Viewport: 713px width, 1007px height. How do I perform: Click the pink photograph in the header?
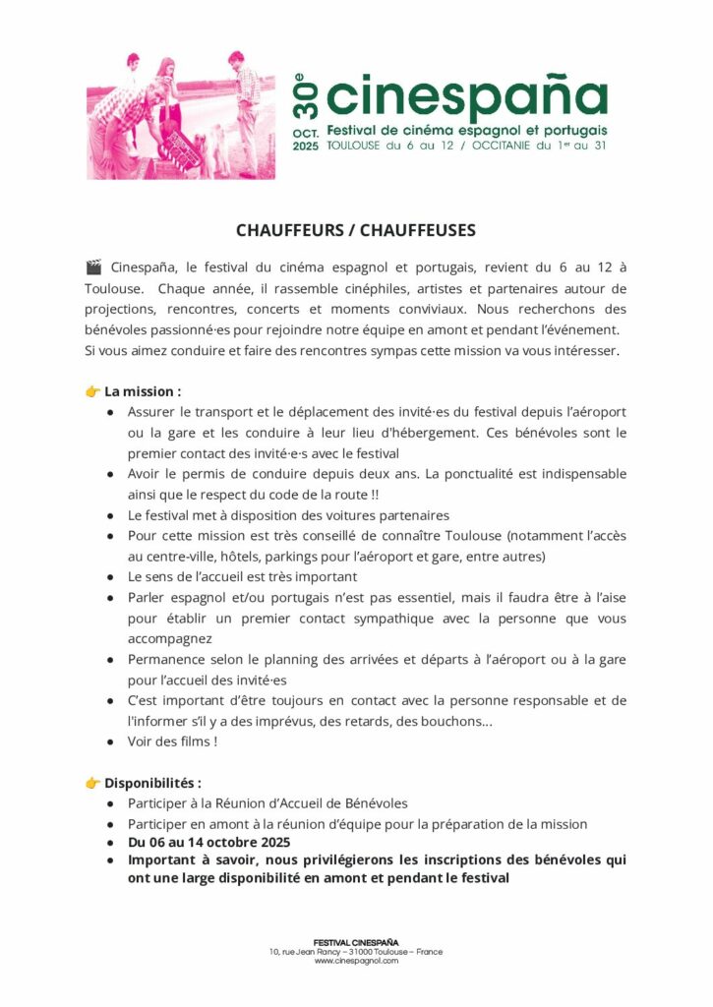click(x=181, y=116)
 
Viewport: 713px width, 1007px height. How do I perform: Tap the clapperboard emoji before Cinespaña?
click(x=94, y=267)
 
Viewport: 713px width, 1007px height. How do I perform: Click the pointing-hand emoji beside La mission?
click(x=93, y=391)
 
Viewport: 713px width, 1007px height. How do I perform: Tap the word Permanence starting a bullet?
click(x=166, y=659)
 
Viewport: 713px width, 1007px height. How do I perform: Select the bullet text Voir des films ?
click(x=172, y=741)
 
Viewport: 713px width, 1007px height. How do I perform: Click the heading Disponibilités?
click(x=152, y=784)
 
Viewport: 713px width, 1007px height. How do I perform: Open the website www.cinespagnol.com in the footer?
click(x=356, y=961)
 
